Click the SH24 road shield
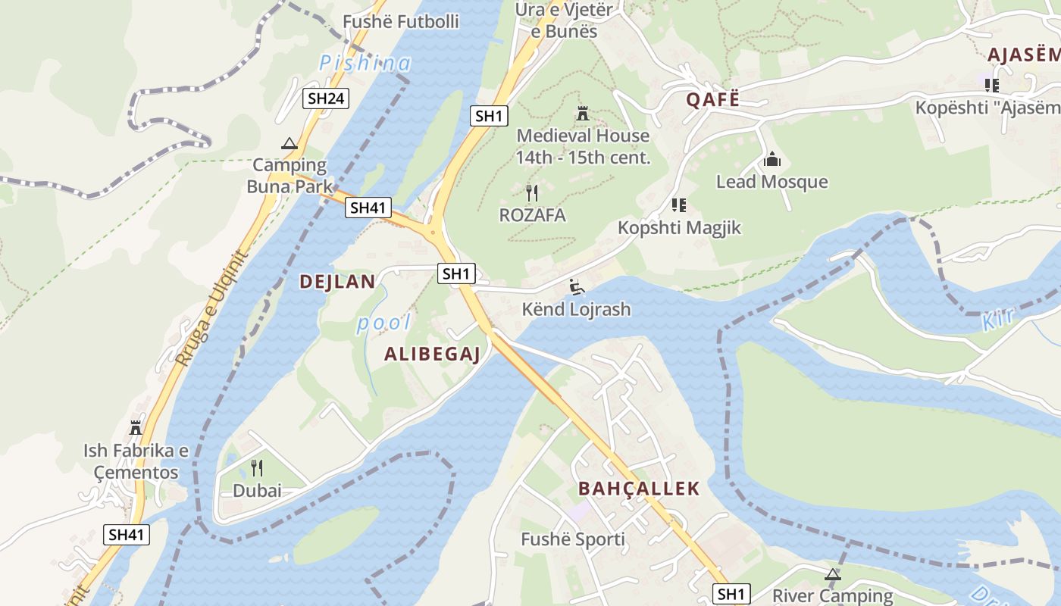(326, 98)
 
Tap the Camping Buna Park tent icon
(289, 144)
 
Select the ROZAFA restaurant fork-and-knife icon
(532, 193)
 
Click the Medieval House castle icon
(583, 114)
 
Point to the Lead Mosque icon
(772, 159)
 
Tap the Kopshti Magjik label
(679, 228)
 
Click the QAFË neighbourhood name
(712, 99)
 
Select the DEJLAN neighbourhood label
(337, 282)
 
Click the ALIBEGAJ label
(432, 354)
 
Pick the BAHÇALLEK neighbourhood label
(639, 489)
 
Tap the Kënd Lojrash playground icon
(577, 286)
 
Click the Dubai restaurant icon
(257, 468)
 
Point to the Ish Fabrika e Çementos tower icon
(136, 428)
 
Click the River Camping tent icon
(833, 574)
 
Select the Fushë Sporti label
(573, 539)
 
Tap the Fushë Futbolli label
(401, 21)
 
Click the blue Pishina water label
(365, 64)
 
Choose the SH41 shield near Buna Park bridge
(368, 208)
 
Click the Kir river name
(1000, 321)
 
